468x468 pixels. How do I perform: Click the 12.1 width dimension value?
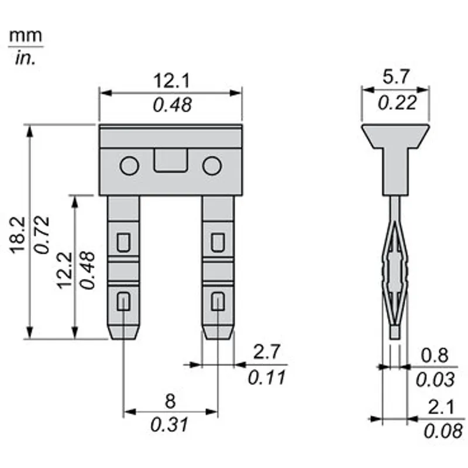pyautogui.click(x=171, y=81)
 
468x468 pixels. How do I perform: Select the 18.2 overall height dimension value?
pyautogui.click(x=18, y=235)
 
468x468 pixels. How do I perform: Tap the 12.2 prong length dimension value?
pyautogui.click(x=64, y=270)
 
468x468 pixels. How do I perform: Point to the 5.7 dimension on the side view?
pyautogui.click(x=396, y=77)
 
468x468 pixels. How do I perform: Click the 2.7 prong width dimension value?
pyautogui.click(x=267, y=352)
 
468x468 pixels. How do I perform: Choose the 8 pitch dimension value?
pyautogui.click(x=170, y=401)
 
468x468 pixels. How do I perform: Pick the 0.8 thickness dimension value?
pyautogui.click(x=435, y=355)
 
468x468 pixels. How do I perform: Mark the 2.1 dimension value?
pyautogui.click(x=441, y=407)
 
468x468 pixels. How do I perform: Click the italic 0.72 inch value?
pyautogui.click(x=42, y=235)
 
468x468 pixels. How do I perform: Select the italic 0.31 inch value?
pyautogui.click(x=169, y=425)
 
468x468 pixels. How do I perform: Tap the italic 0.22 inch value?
pyautogui.click(x=397, y=103)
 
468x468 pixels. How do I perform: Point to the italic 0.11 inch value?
pyautogui.click(x=267, y=377)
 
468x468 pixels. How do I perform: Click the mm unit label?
pyautogui.click(x=26, y=36)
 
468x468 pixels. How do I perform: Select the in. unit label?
pyautogui.click(x=25, y=58)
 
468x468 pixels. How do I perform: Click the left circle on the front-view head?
pyautogui.click(x=129, y=166)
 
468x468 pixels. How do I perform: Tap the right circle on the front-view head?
pyautogui.click(x=212, y=166)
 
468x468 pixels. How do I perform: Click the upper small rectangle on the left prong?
pyautogui.click(x=123, y=242)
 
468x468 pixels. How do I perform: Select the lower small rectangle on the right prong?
pyautogui.click(x=218, y=301)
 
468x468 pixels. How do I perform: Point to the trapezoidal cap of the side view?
pyautogui.click(x=395, y=136)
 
